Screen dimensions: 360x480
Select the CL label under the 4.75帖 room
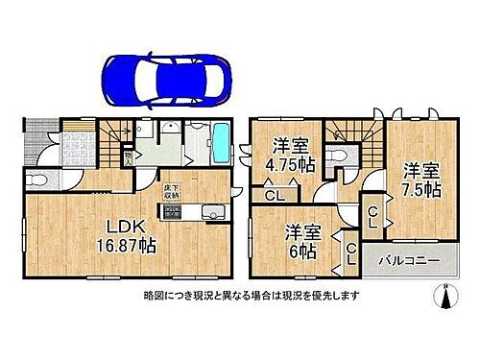pos(274,197)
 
